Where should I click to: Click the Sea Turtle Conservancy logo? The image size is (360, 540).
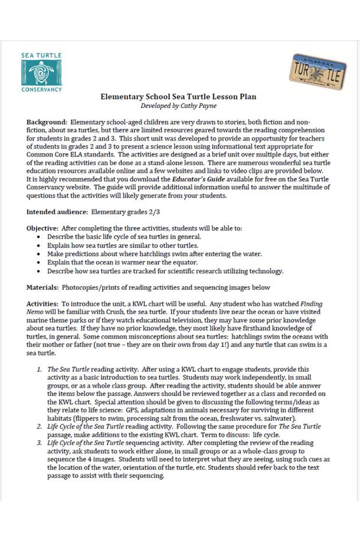pos(41,72)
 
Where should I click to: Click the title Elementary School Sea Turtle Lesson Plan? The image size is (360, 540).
pos(178,96)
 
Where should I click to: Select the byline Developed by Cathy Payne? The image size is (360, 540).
pos(178,106)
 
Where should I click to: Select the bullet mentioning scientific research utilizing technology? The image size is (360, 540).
pos(165,271)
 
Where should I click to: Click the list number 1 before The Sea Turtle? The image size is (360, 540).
pos(40,369)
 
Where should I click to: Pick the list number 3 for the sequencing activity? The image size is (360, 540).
pos(40,443)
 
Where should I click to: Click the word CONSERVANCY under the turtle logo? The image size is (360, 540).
pos(41,90)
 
